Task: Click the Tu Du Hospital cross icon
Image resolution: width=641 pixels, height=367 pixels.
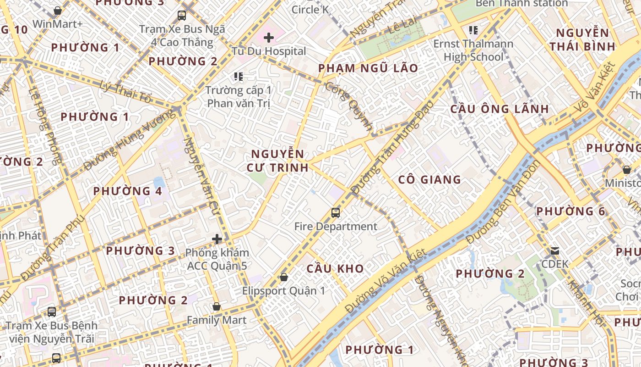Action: point(269,38)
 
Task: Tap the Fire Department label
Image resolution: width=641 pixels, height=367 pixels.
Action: point(336,227)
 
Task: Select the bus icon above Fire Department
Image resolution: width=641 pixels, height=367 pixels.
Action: point(336,213)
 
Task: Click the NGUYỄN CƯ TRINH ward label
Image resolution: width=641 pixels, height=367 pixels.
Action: point(277,161)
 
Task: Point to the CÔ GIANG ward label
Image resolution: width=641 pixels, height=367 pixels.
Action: point(429,180)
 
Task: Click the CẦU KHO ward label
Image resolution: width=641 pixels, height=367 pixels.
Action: point(335,269)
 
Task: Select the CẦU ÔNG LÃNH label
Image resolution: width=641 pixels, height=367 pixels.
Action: point(500,109)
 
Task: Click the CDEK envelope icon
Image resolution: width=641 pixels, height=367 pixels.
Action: point(555,251)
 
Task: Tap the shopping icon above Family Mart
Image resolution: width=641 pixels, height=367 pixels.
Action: point(217,306)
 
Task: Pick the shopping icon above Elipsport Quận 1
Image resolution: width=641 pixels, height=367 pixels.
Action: point(284,277)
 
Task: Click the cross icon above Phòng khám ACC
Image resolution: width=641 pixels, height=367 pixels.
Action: point(217,239)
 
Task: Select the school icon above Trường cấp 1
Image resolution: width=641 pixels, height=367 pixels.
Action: point(238,76)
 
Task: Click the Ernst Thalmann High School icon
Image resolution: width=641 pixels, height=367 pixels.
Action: point(473,31)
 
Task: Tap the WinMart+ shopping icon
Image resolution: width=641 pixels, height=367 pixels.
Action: point(58,11)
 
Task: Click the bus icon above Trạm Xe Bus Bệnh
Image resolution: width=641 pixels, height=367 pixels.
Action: point(52,312)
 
